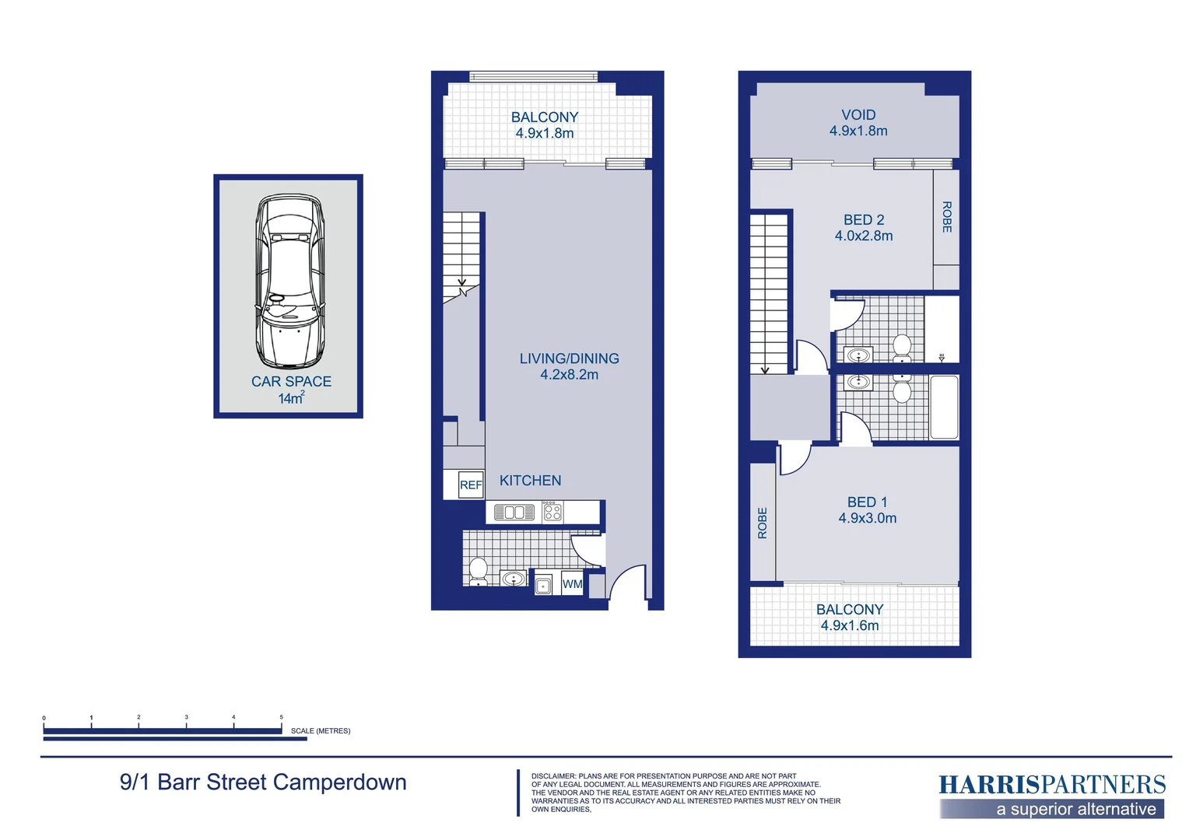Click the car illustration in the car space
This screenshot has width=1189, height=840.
(x=289, y=282)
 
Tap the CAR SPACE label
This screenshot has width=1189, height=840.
(x=291, y=382)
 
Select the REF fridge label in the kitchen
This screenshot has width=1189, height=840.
(x=471, y=485)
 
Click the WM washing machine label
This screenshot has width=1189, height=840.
(x=572, y=584)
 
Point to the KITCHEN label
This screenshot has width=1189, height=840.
(x=530, y=481)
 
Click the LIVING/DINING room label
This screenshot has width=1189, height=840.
(x=569, y=359)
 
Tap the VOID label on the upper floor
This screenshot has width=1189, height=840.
(x=858, y=115)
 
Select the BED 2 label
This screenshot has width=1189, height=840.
(x=864, y=220)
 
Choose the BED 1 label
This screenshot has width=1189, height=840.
(x=867, y=502)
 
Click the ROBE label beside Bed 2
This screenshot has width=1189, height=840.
(x=946, y=217)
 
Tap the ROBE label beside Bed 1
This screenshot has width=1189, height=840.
(x=763, y=523)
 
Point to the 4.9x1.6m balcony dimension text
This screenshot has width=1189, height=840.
(x=850, y=626)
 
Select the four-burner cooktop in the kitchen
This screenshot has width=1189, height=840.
(x=552, y=512)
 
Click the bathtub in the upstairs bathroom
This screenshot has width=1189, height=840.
(x=944, y=408)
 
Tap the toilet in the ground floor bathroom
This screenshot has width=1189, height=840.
(x=478, y=570)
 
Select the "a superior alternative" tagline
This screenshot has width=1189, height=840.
(x=1075, y=810)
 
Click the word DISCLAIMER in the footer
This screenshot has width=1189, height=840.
(x=552, y=776)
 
